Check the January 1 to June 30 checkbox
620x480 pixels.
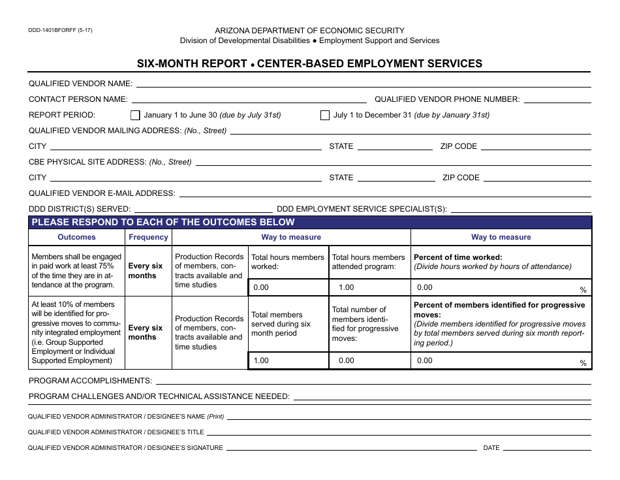point(135,116)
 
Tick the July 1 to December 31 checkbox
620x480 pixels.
point(325,116)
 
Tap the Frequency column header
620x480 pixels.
point(148,238)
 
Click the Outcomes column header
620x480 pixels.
point(76,238)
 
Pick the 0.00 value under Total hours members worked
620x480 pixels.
point(261,287)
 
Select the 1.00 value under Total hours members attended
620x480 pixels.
point(347,287)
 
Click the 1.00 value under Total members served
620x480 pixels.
point(261,360)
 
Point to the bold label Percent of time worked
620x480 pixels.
point(458,257)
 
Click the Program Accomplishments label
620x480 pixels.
point(90,381)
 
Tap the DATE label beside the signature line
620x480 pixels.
point(491,448)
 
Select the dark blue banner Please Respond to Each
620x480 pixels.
point(163,222)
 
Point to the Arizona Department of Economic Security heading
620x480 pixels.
point(310,31)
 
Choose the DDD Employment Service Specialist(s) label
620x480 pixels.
point(362,209)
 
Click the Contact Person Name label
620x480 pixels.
point(78,99)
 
